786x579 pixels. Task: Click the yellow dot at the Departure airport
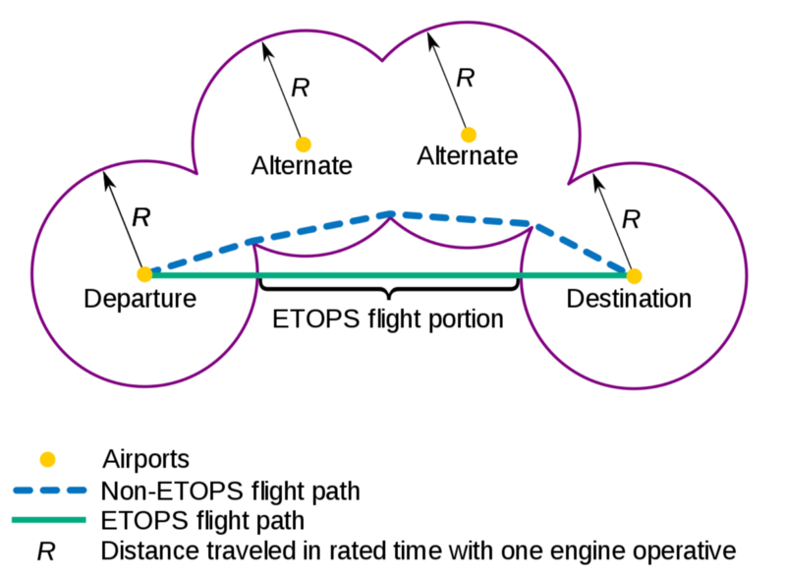(x=144, y=274)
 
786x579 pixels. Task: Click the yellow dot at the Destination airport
(x=634, y=274)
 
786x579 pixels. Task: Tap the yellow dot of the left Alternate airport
(x=303, y=144)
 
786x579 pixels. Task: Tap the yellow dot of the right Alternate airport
(x=469, y=134)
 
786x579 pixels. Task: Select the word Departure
(x=140, y=298)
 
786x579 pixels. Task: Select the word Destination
(x=630, y=298)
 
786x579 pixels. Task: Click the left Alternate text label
(x=302, y=165)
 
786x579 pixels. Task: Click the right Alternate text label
(x=467, y=155)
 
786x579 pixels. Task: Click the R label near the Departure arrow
(x=141, y=217)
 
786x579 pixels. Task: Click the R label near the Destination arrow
(x=631, y=218)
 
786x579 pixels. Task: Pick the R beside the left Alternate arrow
(x=301, y=87)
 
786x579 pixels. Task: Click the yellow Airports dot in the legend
(x=45, y=458)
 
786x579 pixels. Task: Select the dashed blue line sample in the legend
(x=50, y=490)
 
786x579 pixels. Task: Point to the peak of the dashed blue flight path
(x=391, y=213)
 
